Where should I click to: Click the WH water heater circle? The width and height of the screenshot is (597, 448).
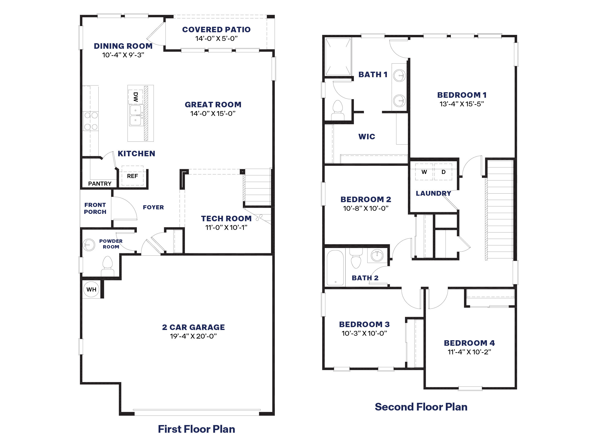point(91,289)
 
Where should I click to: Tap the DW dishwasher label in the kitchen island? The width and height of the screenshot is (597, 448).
point(135,97)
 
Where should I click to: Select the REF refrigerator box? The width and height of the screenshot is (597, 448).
point(132,176)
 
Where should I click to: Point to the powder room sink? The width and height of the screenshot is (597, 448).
point(89,245)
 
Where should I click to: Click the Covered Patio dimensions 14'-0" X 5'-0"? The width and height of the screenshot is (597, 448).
point(216,38)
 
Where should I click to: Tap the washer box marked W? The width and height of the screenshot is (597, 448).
point(424,172)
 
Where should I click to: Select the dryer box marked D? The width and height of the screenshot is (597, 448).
point(443,172)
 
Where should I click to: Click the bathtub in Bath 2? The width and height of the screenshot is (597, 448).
point(335,268)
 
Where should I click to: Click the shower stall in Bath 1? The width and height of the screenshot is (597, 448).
point(338,57)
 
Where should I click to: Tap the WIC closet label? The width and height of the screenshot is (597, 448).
point(367,136)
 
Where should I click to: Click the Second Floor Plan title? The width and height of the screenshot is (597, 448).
point(421,407)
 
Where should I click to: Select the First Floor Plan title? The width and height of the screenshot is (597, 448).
point(196,429)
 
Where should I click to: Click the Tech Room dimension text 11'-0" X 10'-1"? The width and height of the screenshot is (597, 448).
point(226,227)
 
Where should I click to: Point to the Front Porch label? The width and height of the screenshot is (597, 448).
point(95,208)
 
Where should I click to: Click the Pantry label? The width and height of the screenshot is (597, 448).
point(100,184)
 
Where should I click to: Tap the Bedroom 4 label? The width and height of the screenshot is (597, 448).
point(469,343)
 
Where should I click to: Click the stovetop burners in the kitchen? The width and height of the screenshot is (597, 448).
point(91,121)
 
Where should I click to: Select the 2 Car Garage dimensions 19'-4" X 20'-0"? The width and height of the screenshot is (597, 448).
point(193,336)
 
